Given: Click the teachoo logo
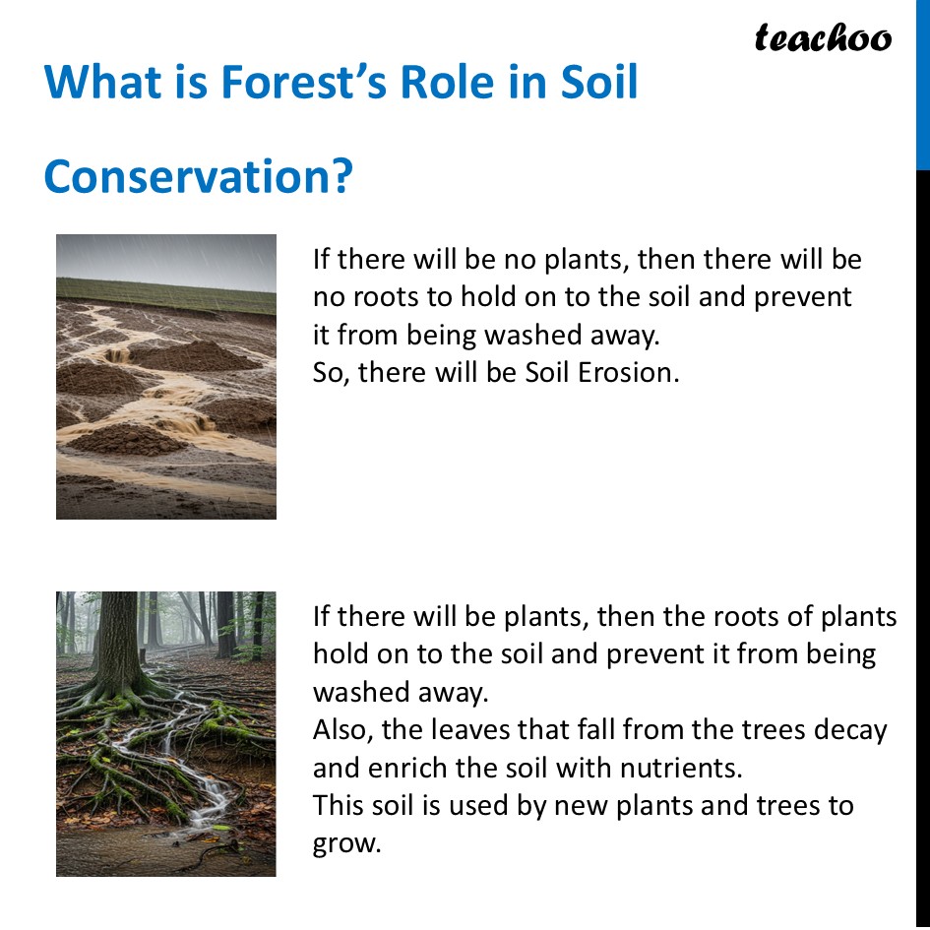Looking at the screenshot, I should (x=823, y=38).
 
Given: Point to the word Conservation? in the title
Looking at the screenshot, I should (x=198, y=177).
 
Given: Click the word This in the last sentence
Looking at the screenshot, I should (x=339, y=805).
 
